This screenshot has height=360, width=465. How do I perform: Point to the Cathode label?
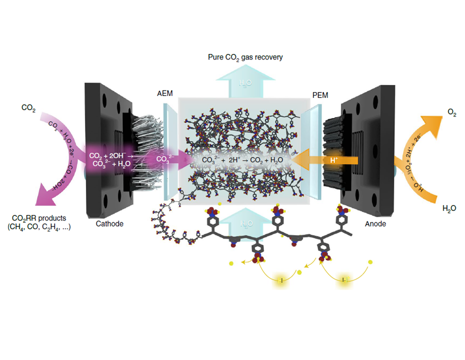[109, 223]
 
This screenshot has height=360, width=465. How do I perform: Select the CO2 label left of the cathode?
[28, 107]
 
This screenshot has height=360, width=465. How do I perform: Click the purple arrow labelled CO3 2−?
[167, 160]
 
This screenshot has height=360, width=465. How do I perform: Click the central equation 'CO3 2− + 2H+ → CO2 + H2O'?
[242, 160]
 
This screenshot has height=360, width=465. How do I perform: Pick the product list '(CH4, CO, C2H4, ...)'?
[41, 228]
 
